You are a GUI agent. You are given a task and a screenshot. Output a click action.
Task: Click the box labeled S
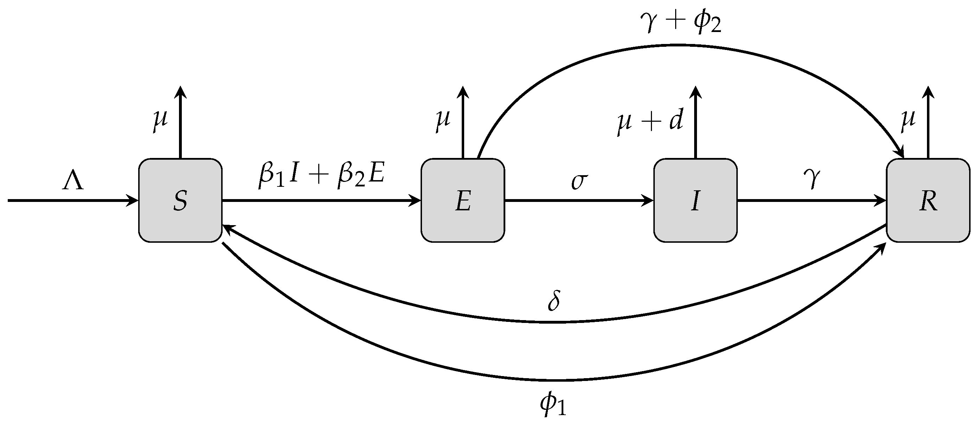pos(180,200)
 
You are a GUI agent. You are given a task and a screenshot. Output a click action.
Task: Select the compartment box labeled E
pos(462,200)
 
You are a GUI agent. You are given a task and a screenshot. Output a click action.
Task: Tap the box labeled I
pos(695,200)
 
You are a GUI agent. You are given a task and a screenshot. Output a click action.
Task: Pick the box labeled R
pos(928,200)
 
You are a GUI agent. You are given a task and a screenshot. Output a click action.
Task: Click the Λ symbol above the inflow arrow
pos(72,182)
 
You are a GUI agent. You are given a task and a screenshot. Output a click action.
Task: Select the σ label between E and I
pos(579,181)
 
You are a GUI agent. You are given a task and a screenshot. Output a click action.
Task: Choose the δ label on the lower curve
pos(554,301)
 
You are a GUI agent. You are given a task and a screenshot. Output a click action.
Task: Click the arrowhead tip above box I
pos(695,90)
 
